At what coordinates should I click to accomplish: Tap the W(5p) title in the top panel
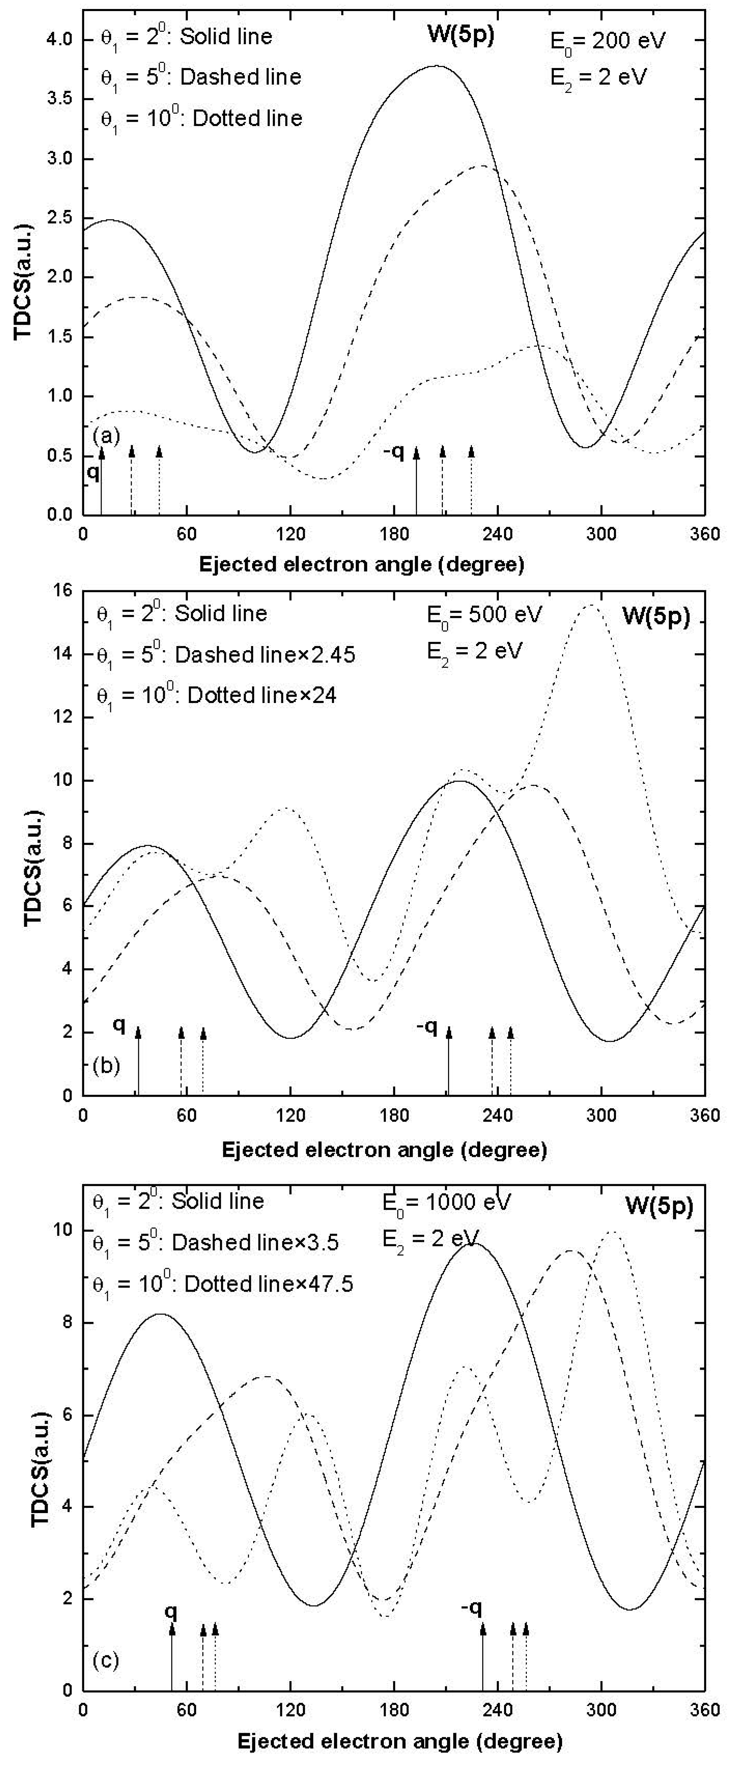[x=456, y=36]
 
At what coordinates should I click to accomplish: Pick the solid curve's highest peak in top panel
[x=436, y=66]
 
